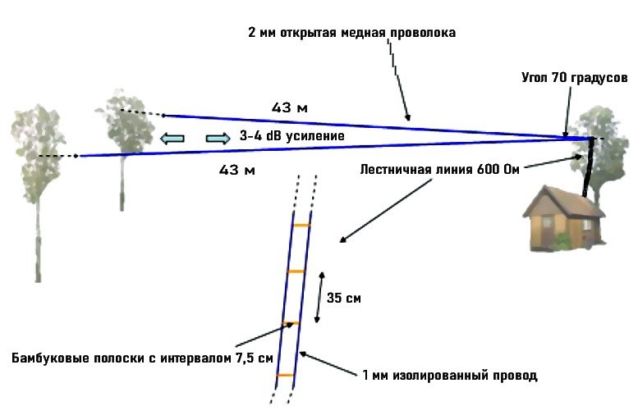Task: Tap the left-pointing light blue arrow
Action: [172, 138]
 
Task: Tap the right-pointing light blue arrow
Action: [218, 138]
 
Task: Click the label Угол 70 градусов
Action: [574, 78]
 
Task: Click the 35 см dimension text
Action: [344, 299]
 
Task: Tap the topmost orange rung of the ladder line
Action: [301, 225]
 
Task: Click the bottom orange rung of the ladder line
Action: [285, 375]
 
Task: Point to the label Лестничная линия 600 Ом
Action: [440, 170]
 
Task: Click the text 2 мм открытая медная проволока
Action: [351, 34]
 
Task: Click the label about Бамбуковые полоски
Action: [142, 358]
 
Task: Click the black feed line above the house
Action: [588, 168]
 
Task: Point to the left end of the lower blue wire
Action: [79, 156]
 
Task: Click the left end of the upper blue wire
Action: [163, 115]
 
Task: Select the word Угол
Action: [535, 78]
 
